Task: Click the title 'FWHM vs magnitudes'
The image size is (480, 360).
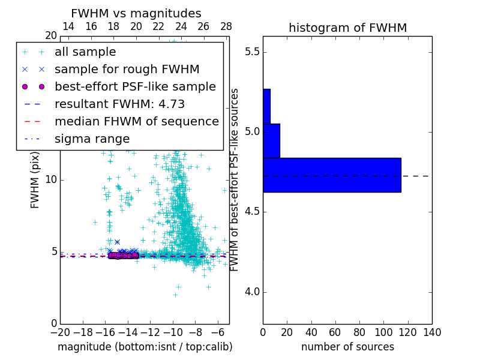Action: [x=136, y=13]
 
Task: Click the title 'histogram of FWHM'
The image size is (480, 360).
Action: [x=347, y=28]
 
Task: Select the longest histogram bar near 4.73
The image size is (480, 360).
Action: [x=332, y=175]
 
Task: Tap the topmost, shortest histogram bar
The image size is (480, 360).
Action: [x=266, y=106]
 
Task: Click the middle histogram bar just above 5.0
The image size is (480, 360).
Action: [x=271, y=141]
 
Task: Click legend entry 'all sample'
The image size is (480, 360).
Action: [x=85, y=52]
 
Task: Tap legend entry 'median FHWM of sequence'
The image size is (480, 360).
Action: [x=136, y=122]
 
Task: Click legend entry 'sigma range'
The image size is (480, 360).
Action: [x=92, y=139]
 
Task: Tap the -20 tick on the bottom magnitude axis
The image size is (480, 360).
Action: [x=60, y=332]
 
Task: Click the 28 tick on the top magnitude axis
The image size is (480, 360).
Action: [x=226, y=26]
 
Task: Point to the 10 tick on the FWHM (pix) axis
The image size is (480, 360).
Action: [x=50, y=180]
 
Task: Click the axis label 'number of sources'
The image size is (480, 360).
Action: [x=347, y=347]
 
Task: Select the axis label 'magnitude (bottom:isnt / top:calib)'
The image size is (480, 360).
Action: [x=145, y=347]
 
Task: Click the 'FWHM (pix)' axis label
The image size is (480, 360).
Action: [x=35, y=180]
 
